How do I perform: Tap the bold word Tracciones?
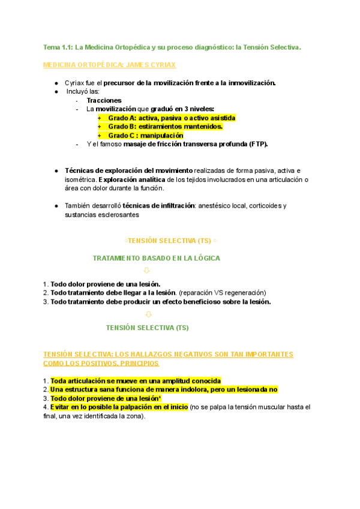tap(104, 100)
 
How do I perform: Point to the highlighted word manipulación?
tap(158, 136)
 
